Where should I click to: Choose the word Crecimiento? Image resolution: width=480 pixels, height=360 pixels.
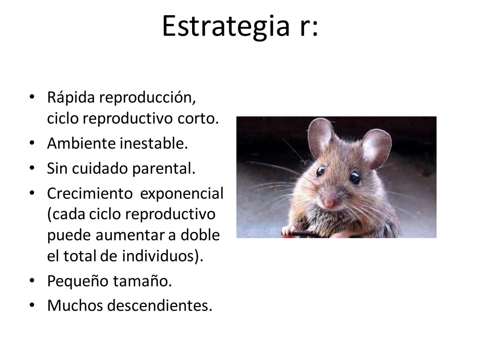tap(90, 193)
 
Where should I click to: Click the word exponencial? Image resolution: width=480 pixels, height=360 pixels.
tap(181, 193)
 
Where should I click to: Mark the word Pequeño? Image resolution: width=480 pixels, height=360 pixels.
tap(77, 281)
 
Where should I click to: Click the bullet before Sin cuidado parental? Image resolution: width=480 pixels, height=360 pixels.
tap(32, 168)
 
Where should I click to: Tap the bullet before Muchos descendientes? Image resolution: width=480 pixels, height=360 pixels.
tap(32, 305)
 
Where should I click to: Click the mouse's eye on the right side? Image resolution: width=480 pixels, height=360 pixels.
tap(355, 178)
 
